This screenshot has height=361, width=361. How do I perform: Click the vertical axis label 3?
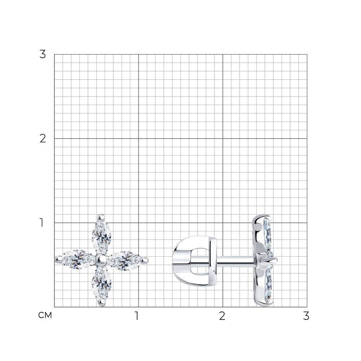(x=43, y=55)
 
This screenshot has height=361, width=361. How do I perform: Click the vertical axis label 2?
(x=43, y=139)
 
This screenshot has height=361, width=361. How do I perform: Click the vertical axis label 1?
(x=42, y=223)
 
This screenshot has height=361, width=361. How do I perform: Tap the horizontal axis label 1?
(x=137, y=316)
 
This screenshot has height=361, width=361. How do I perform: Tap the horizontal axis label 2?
(x=222, y=316)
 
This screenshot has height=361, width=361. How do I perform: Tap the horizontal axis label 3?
(x=306, y=316)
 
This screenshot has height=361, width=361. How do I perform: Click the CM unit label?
(x=45, y=315)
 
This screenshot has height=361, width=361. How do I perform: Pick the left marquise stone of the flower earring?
(x=78, y=259)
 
